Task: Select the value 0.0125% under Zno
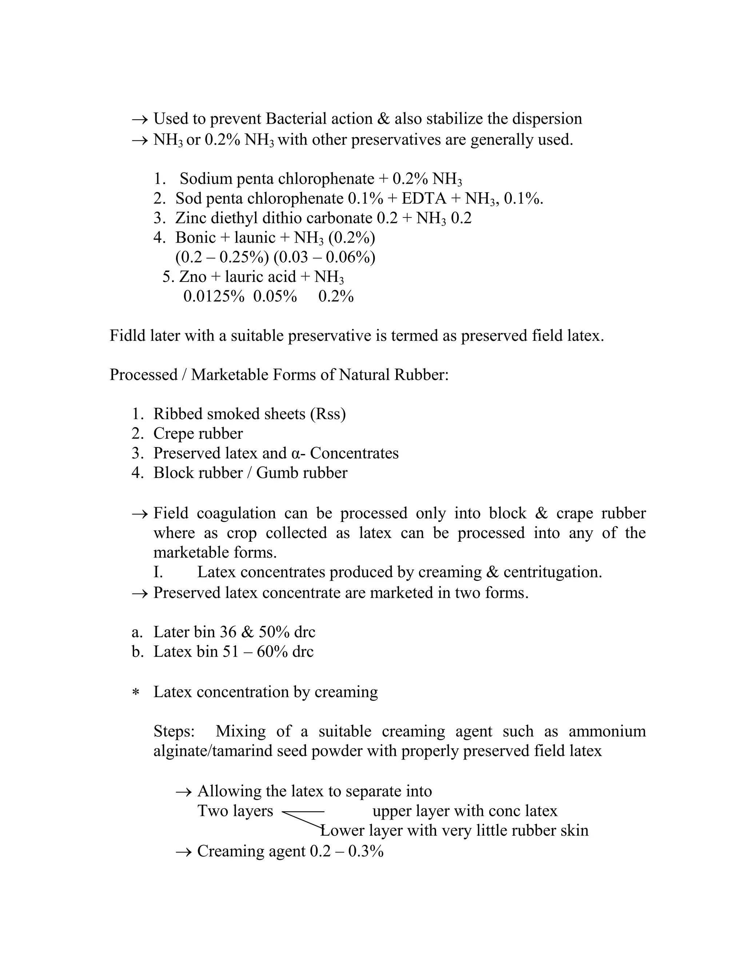[214, 296]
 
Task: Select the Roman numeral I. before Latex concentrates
[158, 572]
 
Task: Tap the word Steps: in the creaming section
[174, 732]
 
